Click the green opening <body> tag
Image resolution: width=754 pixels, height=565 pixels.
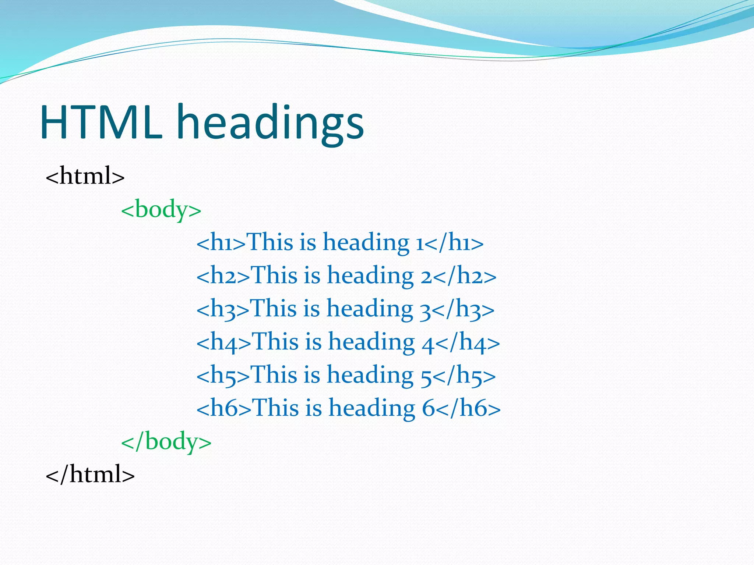(x=161, y=210)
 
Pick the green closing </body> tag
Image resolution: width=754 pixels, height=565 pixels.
(x=166, y=441)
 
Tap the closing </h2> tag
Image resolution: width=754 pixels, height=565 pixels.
(x=464, y=276)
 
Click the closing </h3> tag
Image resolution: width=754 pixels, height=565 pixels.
(x=463, y=309)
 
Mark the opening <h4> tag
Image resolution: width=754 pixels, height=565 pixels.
(x=224, y=342)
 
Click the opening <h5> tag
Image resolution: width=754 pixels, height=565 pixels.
(x=223, y=375)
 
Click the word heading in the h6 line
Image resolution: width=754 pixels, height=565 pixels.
(x=372, y=408)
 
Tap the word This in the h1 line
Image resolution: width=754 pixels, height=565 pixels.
(x=269, y=243)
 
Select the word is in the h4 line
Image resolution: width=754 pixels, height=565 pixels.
(x=313, y=342)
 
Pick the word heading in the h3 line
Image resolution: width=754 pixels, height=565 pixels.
(x=370, y=309)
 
